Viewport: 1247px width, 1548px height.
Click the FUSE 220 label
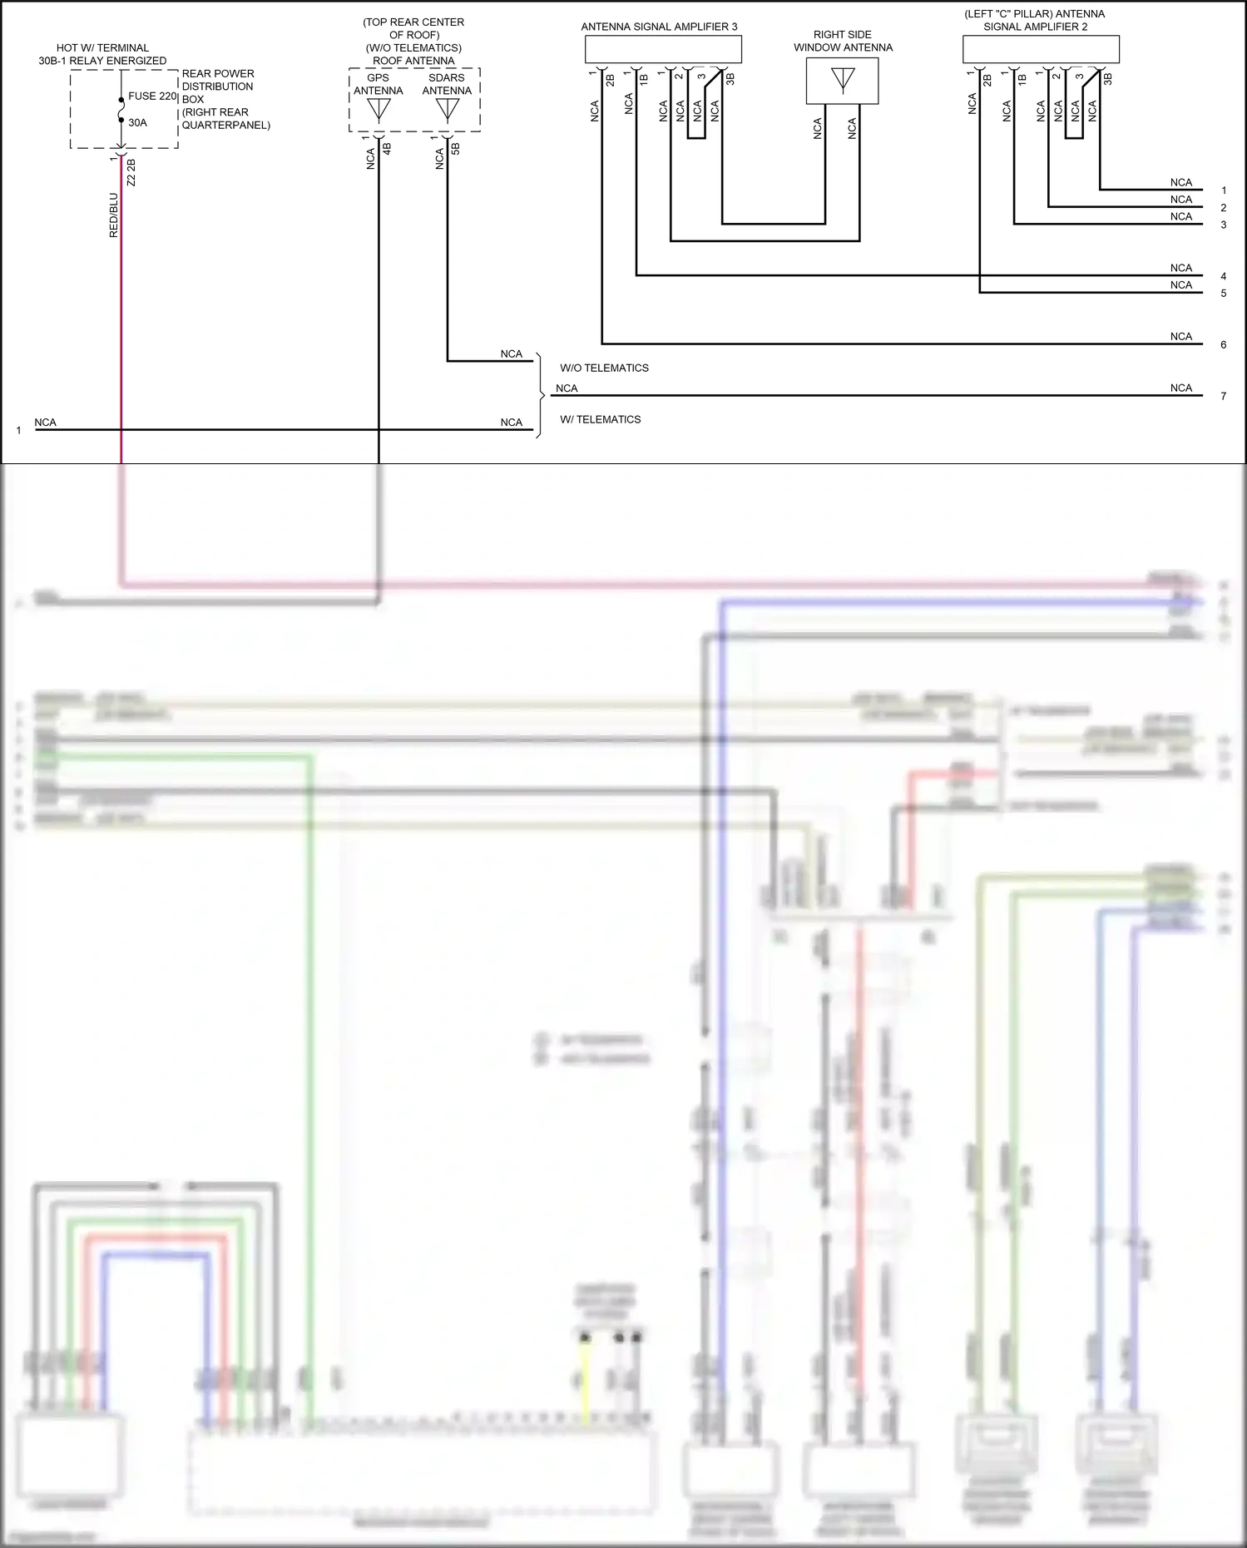(152, 96)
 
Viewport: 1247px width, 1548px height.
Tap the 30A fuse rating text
(137, 122)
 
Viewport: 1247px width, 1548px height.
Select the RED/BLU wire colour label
(114, 215)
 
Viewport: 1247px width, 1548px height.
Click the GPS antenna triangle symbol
(379, 110)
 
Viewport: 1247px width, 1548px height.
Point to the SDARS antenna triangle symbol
(448, 110)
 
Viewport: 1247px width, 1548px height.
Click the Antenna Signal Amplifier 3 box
(663, 50)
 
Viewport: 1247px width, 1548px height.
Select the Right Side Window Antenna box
(842, 81)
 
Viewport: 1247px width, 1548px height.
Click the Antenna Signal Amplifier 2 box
(1041, 50)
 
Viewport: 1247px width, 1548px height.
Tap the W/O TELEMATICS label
(604, 368)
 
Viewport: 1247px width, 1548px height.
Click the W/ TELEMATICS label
(600, 419)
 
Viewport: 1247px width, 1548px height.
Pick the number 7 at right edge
(1223, 396)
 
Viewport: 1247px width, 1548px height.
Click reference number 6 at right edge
(1223, 344)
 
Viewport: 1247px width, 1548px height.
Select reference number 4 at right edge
(1223, 276)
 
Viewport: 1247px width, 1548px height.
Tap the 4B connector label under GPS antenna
(387, 150)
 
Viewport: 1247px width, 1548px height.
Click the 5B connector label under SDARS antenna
(456, 150)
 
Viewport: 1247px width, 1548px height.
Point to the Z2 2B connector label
(131, 173)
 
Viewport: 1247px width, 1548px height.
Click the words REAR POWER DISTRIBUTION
(218, 80)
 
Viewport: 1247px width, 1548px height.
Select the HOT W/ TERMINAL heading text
(102, 48)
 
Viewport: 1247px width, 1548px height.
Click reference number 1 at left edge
(18, 430)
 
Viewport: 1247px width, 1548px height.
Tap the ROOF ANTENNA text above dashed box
(413, 61)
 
